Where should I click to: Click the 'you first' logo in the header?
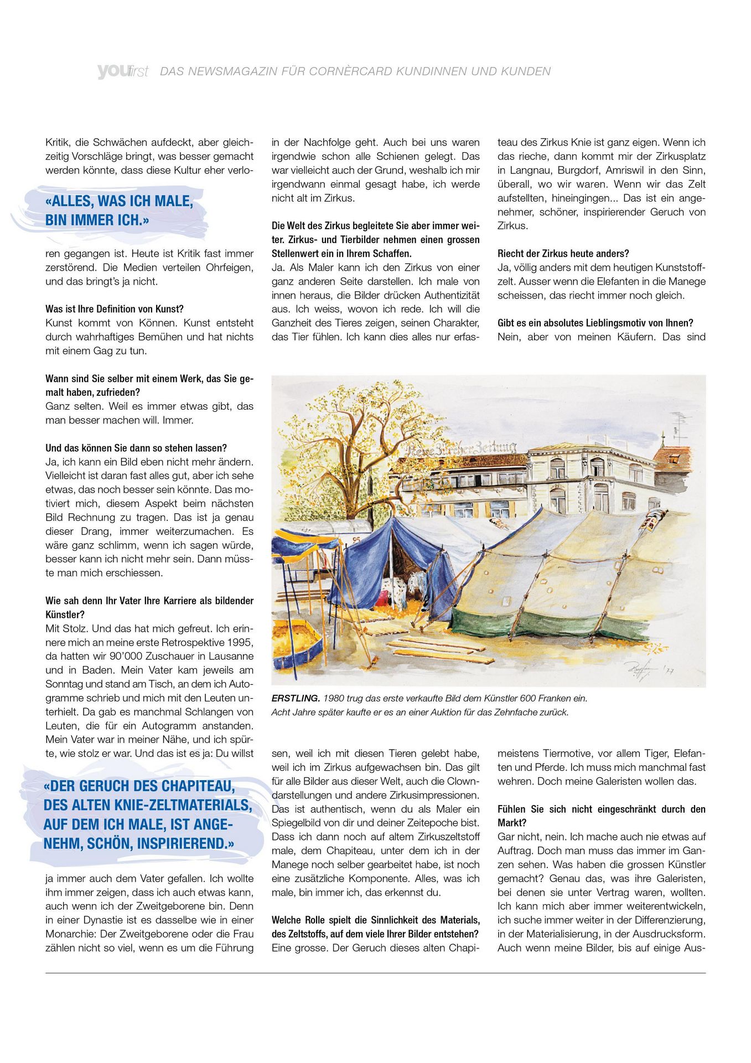click(x=122, y=71)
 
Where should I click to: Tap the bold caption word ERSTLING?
click(x=296, y=698)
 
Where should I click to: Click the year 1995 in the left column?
click(x=241, y=642)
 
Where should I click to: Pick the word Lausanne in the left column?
click(x=229, y=656)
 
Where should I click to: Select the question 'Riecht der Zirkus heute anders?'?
click(x=563, y=254)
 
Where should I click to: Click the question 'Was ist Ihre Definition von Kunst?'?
click(x=115, y=309)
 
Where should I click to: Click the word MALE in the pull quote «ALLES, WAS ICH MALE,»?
click(x=173, y=201)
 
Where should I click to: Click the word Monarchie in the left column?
click(x=69, y=934)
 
